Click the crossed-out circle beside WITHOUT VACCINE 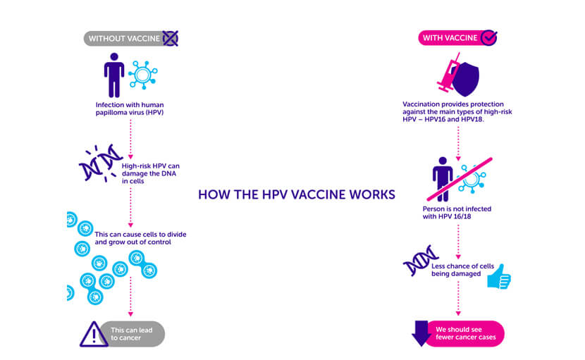click(x=171, y=39)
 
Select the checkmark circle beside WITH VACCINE click(x=488, y=37)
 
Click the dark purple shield click(x=467, y=79)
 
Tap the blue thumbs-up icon click(x=499, y=277)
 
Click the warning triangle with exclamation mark click(x=93, y=334)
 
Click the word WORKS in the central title click(x=372, y=194)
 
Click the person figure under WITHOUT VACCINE click(x=114, y=75)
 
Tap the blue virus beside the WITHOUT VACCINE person click(x=143, y=75)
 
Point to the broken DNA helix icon click(x=100, y=163)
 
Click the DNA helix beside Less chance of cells click(x=421, y=261)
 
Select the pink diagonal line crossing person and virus click(x=460, y=180)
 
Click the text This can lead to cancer click(x=131, y=334)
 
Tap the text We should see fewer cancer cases click(x=466, y=333)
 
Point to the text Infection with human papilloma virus click(x=130, y=108)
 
